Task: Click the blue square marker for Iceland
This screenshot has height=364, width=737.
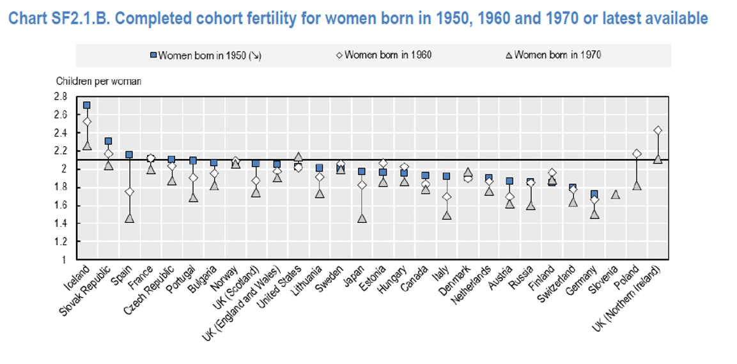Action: (x=86, y=105)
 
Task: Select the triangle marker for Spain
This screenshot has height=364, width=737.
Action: (x=129, y=218)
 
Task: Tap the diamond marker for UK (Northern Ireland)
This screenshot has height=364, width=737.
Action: (x=658, y=130)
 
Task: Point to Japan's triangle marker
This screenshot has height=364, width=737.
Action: (x=362, y=218)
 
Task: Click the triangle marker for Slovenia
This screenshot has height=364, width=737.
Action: (x=616, y=194)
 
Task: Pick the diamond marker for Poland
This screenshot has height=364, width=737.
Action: (x=637, y=154)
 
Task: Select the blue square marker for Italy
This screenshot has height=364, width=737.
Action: (x=447, y=176)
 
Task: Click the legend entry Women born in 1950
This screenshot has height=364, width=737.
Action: (x=206, y=56)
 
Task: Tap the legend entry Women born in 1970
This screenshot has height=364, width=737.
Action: (x=554, y=55)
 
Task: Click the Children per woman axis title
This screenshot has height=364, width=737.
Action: (x=98, y=81)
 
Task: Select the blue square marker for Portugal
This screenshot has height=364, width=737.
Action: (x=192, y=161)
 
